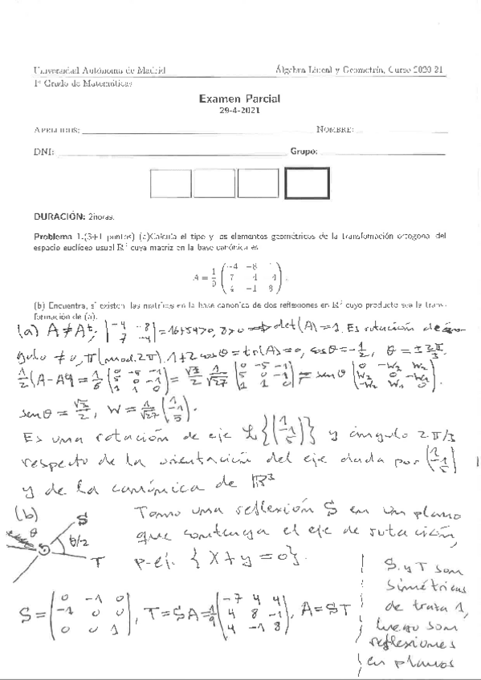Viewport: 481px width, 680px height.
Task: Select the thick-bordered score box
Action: click(x=308, y=184)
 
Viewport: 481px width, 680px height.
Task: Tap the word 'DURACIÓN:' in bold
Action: click(x=58, y=217)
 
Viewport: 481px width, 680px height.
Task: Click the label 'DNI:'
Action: click(x=44, y=152)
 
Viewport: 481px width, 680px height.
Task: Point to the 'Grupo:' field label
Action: click(x=304, y=152)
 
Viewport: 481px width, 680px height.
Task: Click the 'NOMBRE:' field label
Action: click(x=335, y=129)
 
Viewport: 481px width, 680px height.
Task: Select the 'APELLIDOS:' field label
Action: click(x=56, y=129)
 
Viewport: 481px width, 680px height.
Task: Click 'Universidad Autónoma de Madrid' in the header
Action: click(x=100, y=70)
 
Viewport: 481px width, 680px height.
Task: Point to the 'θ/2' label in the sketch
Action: click(x=102, y=544)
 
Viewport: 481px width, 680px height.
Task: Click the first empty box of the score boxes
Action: click(x=172, y=184)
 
